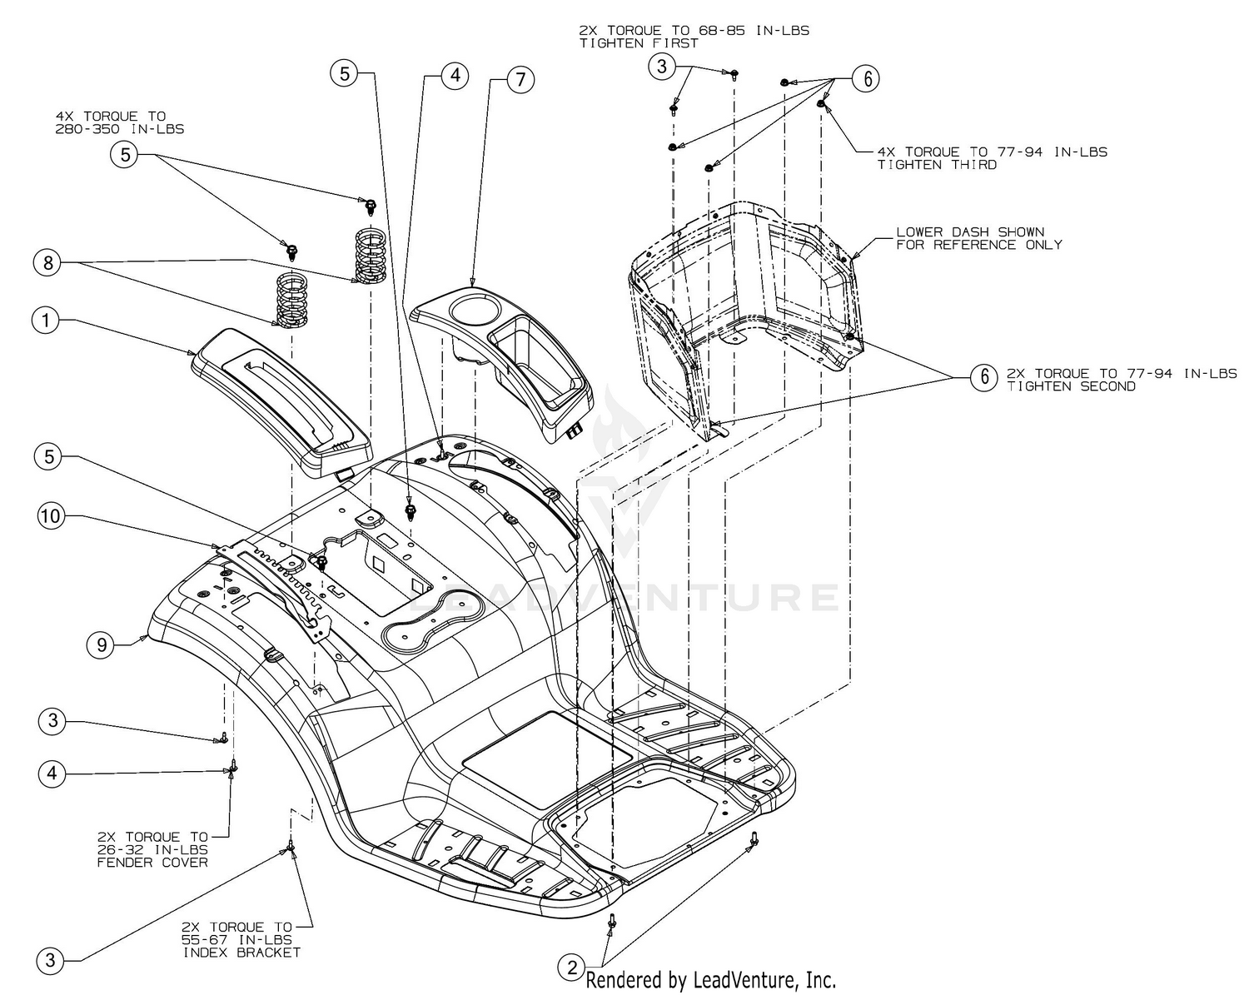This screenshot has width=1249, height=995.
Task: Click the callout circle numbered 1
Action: pyautogui.click(x=47, y=320)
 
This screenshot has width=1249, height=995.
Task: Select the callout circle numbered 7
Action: pyautogui.click(x=520, y=80)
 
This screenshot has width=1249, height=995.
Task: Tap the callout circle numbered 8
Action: pyautogui.click(x=47, y=263)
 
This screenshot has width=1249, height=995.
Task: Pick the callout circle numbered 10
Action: pyautogui.click(x=50, y=516)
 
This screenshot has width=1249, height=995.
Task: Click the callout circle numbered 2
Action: pyautogui.click(x=571, y=968)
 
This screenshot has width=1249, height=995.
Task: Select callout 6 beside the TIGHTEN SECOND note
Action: pyautogui.click(x=983, y=378)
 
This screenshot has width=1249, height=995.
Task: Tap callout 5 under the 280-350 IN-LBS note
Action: pyautogui.click(x=124, y=155)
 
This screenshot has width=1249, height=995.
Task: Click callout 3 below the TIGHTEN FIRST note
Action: pyautogui.click(x=662, y=67)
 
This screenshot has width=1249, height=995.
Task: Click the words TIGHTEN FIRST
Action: pyautogui.click(x=639, y=43)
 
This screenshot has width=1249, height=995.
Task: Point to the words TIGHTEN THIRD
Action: pyautogui.click(x=937, y=165)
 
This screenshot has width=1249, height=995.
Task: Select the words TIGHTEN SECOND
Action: pyautogui.click(x=1071, y=386)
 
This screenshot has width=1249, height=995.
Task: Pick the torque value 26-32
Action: pyautogui.click(x=134, y=849)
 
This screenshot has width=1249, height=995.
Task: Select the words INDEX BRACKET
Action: pyautogui.click(x=241, y=952)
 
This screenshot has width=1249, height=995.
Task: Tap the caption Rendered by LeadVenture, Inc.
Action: pyautogui.click(x=711, y=980)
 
